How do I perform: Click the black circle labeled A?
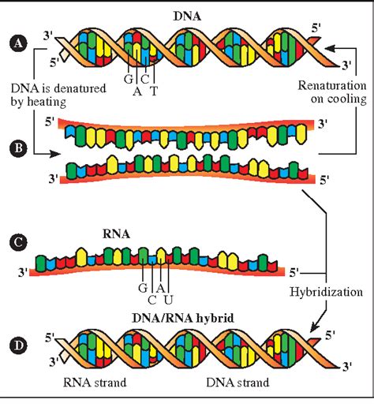pos(18,43)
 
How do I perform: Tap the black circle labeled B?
pos(18,148)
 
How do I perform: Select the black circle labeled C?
pos(18,242)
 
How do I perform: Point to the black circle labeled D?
pos(18,345)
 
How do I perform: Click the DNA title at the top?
pos(187,17)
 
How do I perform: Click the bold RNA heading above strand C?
pos(116,234)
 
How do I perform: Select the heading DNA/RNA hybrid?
pos(183,318)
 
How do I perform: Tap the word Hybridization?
pos(326,293)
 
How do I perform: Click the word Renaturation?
pos(332,86)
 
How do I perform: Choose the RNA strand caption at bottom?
pos(95,383)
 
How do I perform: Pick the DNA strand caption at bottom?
pos(237,383)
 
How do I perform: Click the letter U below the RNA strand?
pos(168,300)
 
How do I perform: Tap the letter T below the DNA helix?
pos(154,91)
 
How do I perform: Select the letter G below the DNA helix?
pos(129,79)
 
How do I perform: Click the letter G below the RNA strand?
pos(143,288)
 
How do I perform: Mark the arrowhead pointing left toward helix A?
pos(330,48)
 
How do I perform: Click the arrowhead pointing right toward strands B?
pos(55,154)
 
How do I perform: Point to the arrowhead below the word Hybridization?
pos(315,327)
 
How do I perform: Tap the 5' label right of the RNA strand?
pos(294,273)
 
